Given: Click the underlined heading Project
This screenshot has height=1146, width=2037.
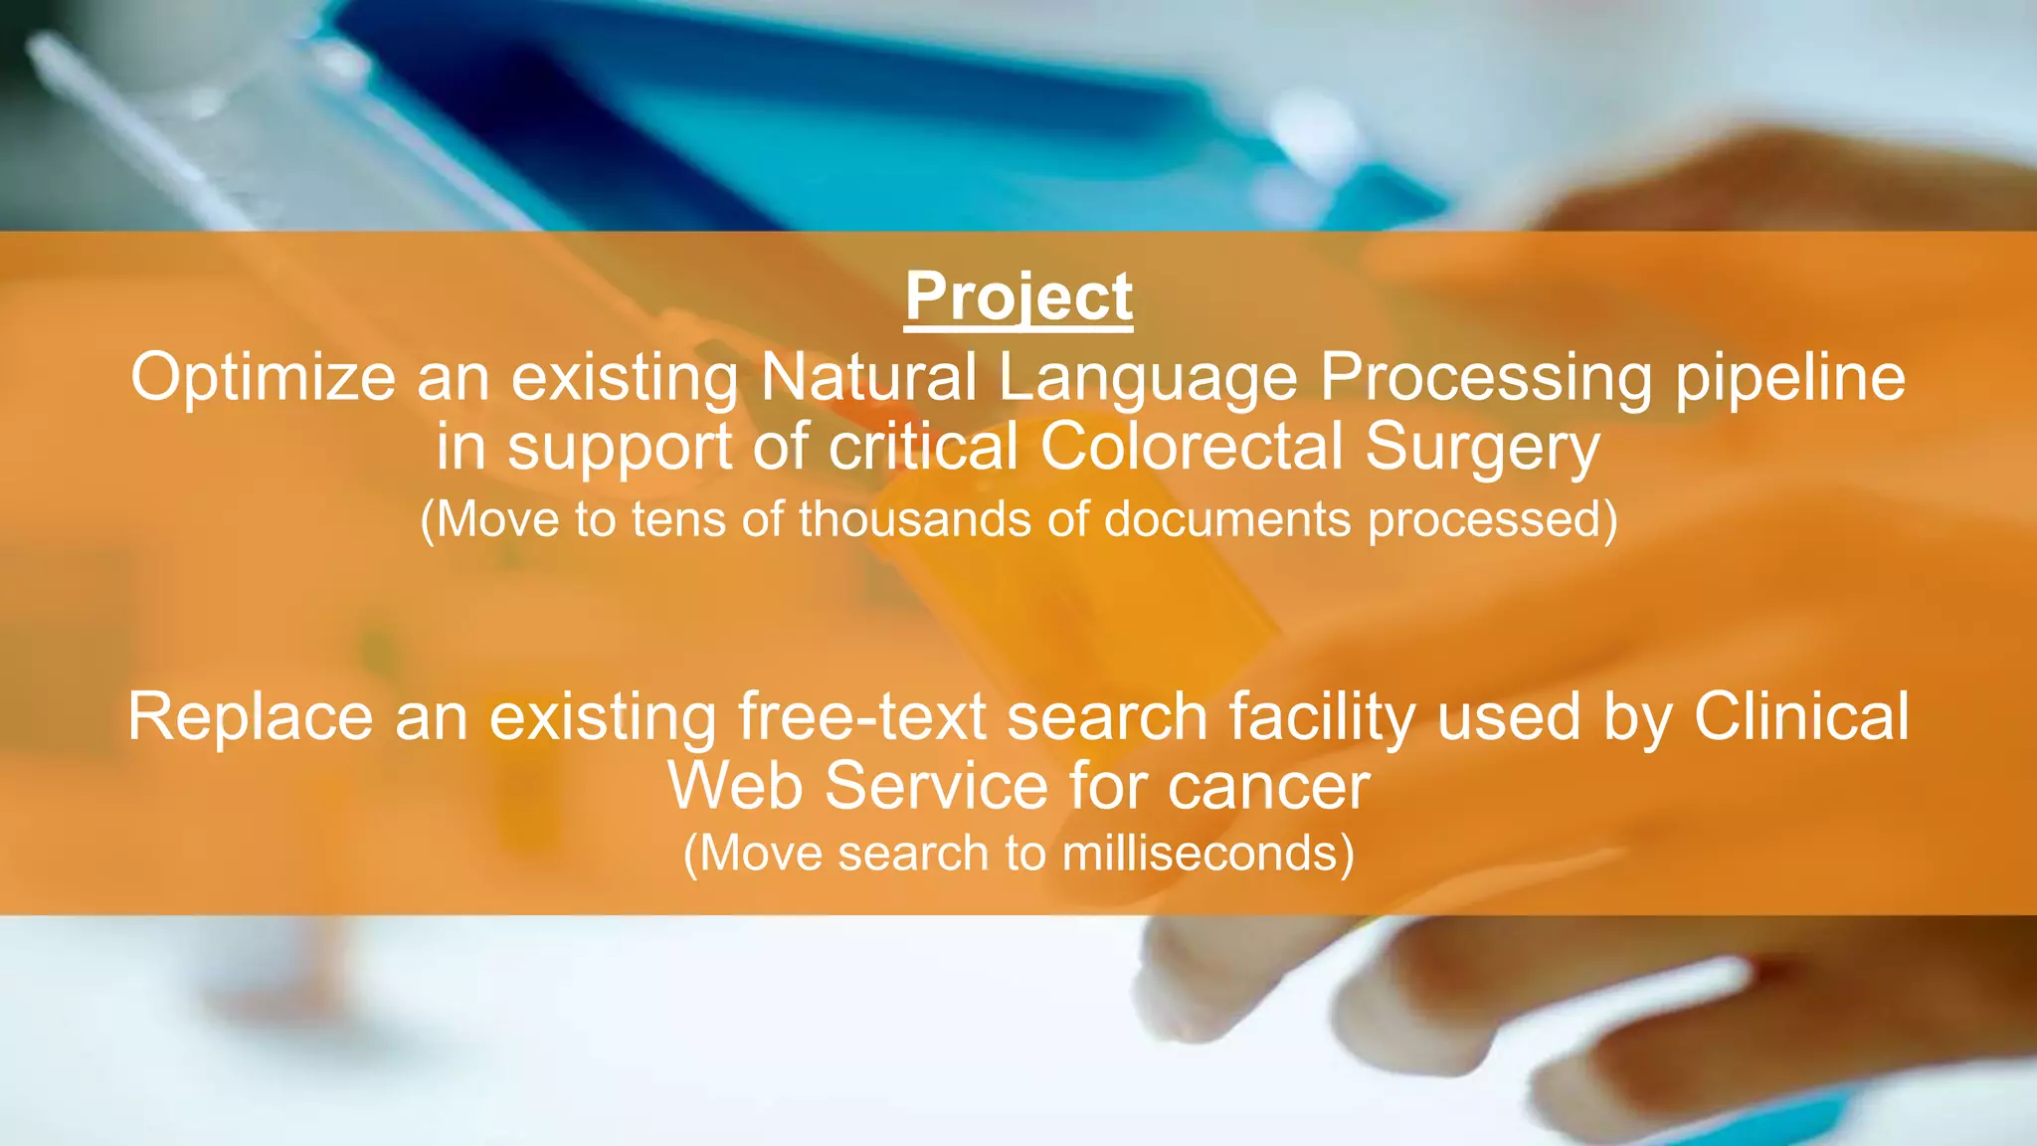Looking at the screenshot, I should pyautogui.click(x=1018, y=296).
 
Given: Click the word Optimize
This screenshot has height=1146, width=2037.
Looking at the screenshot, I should pyautogui.click(x=264, y=378).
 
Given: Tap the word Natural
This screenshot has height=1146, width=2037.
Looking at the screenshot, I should pyautogui.click(x=868, y=378).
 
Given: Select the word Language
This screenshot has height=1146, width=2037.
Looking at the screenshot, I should pyautogui.click(x=1148, y=378).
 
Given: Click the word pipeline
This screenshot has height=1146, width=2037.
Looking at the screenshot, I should pyautogui.click(x=1790, y=378).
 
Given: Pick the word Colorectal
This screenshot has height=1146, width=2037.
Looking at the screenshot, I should pyautogui.click(x=1192, y=447).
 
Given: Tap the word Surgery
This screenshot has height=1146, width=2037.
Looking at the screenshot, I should pyautogui.click(x=1482, y=447).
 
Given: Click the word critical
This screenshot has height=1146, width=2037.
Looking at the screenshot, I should pyautogui.click(x=923, y=447).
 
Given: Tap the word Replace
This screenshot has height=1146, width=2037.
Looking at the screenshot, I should pyautogui.click(x=250, y=716).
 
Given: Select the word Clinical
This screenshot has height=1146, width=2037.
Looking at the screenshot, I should pyautogui.click(x=1800, y=716).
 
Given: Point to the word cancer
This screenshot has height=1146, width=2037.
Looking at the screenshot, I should pyautogui.click(x=1268, y=786).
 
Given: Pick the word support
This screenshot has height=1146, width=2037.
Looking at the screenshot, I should pyautogui.click(x=620, y=447).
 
